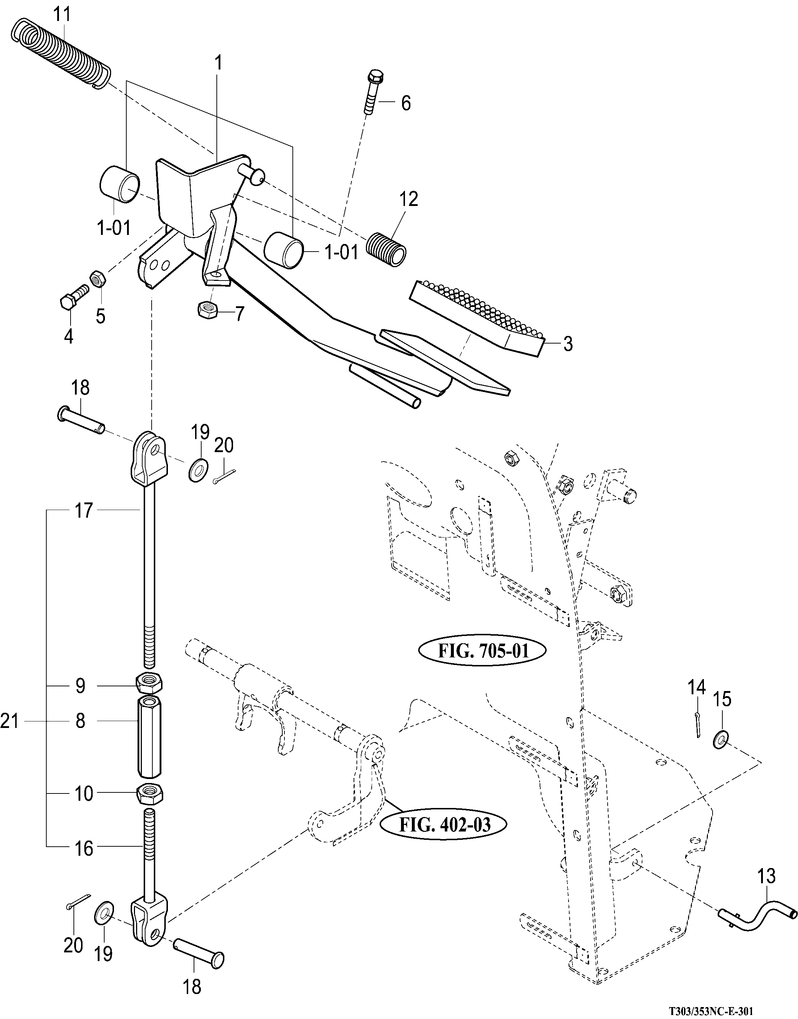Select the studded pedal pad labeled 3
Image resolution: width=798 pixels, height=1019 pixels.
(477, 318)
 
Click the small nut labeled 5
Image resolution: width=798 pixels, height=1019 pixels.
(98, 280)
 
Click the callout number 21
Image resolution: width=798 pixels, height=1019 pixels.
(9, 722)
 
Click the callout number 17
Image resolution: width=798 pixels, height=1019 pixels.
(84, 511)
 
